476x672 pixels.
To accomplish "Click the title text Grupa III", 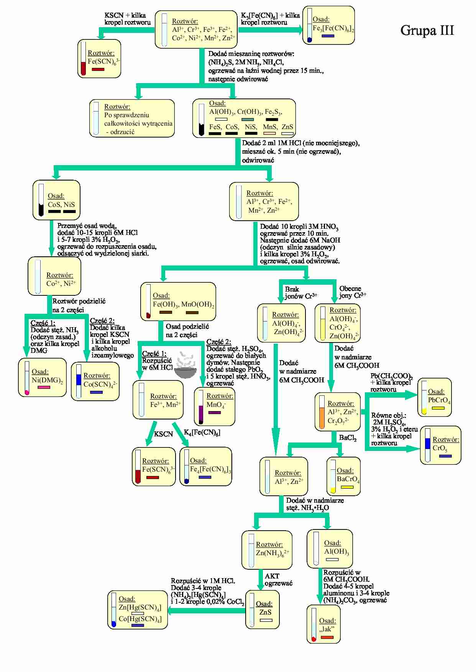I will [427, 30].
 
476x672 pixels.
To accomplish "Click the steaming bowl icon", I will [185, 366].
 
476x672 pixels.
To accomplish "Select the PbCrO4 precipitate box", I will [434, 397].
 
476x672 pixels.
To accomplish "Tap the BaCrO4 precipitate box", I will [343, 476].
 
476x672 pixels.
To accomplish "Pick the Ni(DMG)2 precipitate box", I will [42, 377].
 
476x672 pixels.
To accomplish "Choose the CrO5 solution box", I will [440, 445].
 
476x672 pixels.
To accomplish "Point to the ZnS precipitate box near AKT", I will [262, 609].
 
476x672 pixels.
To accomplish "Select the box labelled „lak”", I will [323, 624].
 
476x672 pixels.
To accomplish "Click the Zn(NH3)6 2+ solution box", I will [266, 550].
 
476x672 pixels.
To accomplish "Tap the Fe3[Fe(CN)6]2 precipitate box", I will [328, 25].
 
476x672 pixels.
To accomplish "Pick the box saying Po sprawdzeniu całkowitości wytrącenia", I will [132, 118].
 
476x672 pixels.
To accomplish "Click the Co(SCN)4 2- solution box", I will [95, 382].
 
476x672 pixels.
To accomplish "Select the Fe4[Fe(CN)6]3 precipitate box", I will [205, 466].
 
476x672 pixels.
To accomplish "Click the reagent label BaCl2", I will [348, 438].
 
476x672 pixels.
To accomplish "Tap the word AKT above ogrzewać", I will [272, 576].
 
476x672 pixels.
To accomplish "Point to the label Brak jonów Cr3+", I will [300, 293].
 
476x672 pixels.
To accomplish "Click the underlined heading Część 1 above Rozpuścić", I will [154, 354].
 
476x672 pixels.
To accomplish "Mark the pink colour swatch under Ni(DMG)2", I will [44, 388].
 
